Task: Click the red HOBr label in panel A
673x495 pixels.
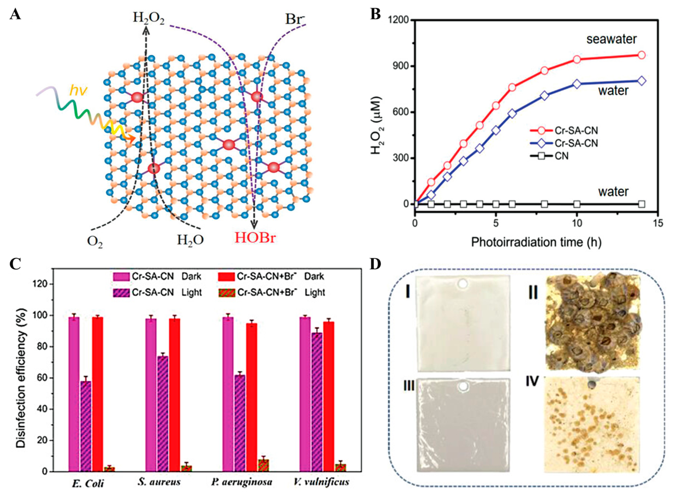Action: coord(255,238)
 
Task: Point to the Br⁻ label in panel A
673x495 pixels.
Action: coord(295,20)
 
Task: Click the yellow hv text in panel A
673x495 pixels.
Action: coord(78,90)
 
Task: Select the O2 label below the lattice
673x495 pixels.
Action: coord(95,242)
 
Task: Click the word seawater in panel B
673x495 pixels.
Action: coord(611,39)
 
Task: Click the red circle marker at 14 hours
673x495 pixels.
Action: coord(642,55)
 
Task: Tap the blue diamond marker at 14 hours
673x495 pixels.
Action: coord(642,81)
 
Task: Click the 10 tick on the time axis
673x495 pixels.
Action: coord(577,224)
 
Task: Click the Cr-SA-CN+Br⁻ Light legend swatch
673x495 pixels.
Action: coord(227,293)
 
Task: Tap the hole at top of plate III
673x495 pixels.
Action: coord(463,387)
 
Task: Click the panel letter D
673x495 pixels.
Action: coord(375,264)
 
